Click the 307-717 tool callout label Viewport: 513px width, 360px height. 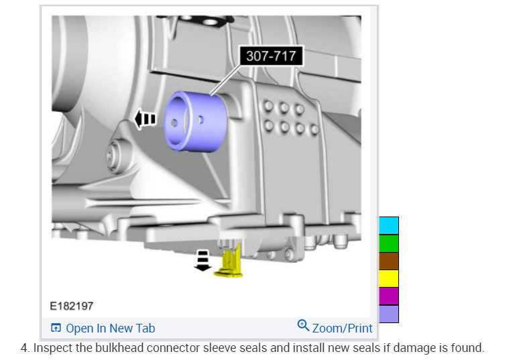point(271,56)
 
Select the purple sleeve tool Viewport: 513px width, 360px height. point(196,121)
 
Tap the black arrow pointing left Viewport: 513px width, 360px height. point(146,119)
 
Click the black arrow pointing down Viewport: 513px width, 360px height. point(203,261)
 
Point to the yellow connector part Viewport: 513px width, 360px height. point(229,261)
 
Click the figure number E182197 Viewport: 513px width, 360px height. point(72,306)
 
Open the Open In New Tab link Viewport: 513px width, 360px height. point(110,328)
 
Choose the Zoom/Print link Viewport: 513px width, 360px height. point(342,328)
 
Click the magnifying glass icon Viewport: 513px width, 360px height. point(303,325)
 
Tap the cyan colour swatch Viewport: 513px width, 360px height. point(389,226)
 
